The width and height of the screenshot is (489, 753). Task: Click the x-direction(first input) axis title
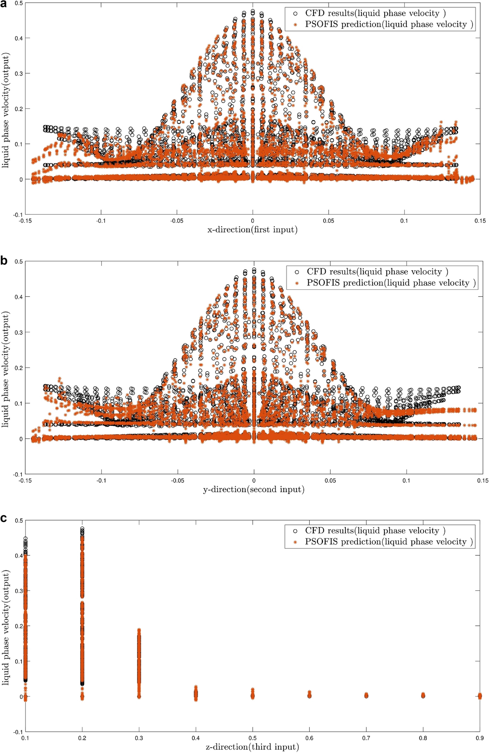pyautogui.click(x=253, y=230)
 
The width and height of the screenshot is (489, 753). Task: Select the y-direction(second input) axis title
pyautogui.click(x=253, y=490)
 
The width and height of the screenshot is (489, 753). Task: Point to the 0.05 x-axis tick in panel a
pyautogui.click(x=329, y=221)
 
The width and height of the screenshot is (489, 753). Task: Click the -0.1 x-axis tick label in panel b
pyautogui.click(x=101, y=481)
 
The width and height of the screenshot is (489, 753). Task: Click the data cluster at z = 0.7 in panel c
pyautogui.click(x=366, y=695)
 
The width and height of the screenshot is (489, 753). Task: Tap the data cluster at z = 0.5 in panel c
pyautogui.click(x=253, y=694)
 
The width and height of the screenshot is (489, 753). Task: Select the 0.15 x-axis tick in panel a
pyautogui.click(x=480, y=221)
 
